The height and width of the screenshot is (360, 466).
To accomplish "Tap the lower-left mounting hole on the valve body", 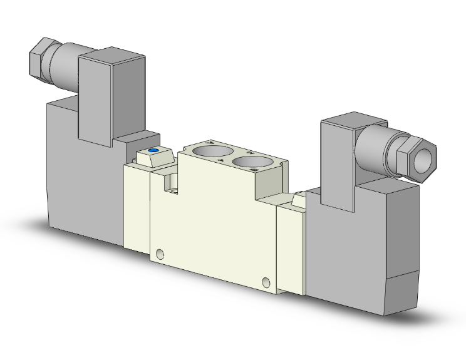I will click(160, 254).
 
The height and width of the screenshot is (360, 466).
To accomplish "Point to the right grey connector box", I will click(338, 157).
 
